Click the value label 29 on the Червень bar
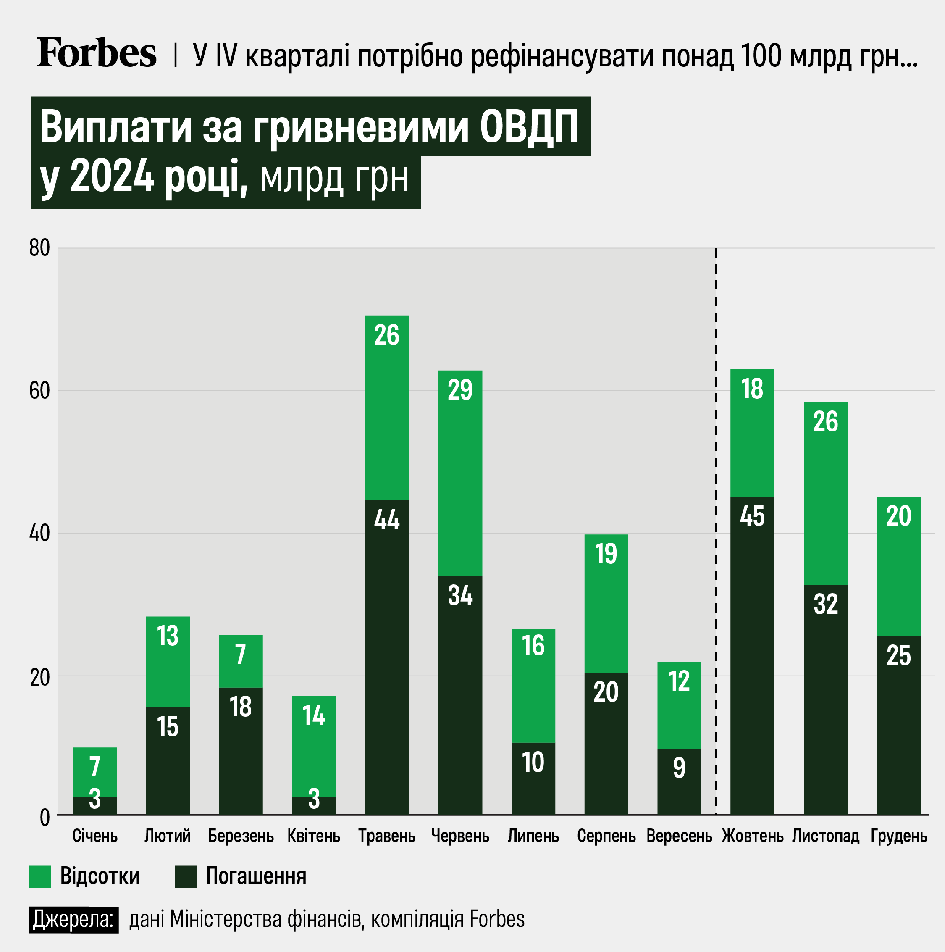coord(460,390)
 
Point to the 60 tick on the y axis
coord(40,391)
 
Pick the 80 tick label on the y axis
coord(40,248)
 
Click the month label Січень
coord(95,836)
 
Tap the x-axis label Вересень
coord(680,836)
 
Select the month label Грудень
coord(899,836)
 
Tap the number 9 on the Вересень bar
coord(680,768)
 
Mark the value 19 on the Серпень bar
coord(606,554)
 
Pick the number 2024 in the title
coord(112,177)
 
